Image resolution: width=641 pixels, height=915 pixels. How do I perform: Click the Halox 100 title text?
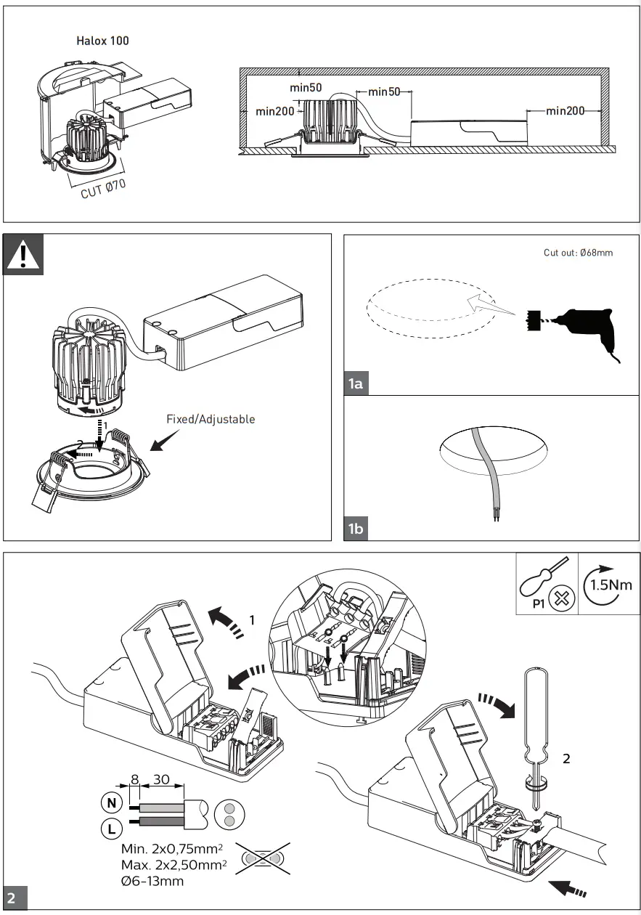click(102, 41)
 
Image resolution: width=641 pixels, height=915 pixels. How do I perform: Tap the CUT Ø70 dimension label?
click(103, 190)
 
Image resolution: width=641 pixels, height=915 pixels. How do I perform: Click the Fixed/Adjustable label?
click(211, 419)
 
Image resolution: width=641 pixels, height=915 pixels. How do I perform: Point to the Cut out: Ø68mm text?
click(578, 253)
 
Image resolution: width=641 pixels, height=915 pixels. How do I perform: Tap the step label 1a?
click(356, 383)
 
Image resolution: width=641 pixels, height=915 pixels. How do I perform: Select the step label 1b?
click(356, 529)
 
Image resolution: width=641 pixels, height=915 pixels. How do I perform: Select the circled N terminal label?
click(110, 803)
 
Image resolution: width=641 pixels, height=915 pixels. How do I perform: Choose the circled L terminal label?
click(110, 827)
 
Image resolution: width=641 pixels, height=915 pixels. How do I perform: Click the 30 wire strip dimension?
click(161, 780)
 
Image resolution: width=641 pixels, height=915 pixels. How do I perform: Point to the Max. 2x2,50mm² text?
click(174, 866)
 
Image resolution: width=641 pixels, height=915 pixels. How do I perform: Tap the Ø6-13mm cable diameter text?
click(153, 882)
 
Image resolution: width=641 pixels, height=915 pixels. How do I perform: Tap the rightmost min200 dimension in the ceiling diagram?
click(566, 111)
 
